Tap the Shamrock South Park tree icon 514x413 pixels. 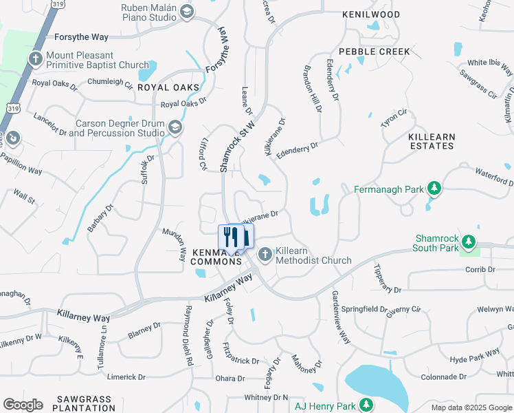pos(469,242)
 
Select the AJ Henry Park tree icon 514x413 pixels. pos(368,405)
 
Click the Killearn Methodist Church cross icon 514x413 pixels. pos(264,255)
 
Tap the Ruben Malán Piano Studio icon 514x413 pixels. pos(186,12)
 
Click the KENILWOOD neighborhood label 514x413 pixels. pos(371,14)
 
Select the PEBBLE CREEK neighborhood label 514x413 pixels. pos(374,52)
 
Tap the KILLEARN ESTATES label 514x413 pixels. pos(432,141)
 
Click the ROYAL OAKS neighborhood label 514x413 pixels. pos(168,87)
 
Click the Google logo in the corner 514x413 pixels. pos(23,404)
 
